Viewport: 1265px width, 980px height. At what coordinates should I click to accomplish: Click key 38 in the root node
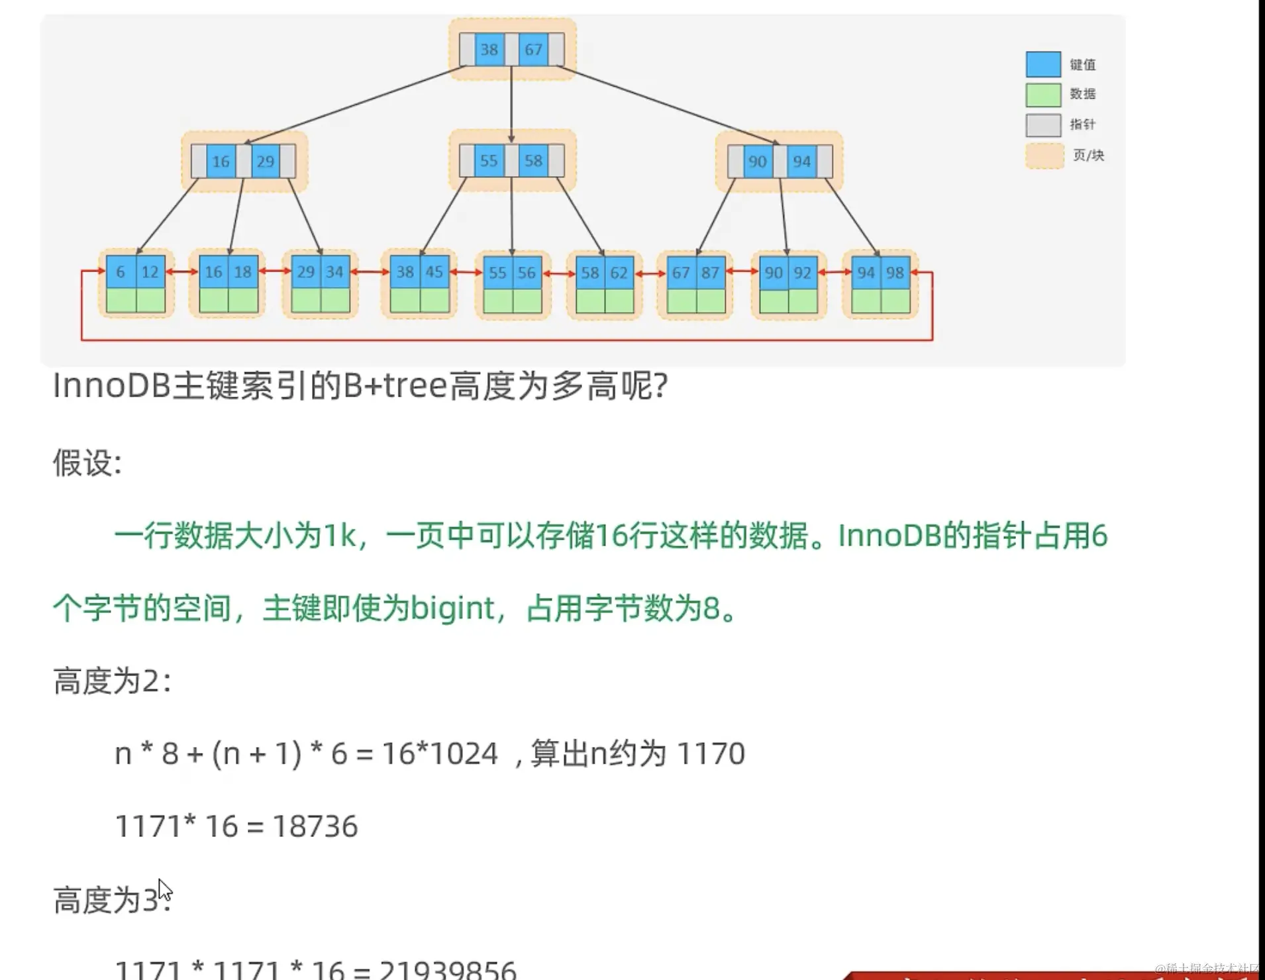[x=489, y=50]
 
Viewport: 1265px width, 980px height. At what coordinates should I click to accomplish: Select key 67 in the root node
[x=533, y=50]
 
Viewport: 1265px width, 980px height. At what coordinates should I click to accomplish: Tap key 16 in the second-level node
[x=221, y=162]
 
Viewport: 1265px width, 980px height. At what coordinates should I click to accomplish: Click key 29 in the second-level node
[x=265, y=162]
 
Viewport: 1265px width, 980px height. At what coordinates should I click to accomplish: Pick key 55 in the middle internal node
[x=489, y=161]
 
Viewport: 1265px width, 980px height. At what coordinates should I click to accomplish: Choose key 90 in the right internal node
[x=757, y=162]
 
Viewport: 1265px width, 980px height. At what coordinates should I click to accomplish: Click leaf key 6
[x=121, y=272]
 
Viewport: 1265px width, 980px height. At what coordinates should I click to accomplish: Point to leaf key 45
[x=434, y=272]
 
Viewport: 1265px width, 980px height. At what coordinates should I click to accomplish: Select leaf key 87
[x=710, y=273]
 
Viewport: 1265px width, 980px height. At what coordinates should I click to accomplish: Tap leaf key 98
[x=895, y=273]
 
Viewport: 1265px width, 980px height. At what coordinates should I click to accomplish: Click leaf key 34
[x=334, y=272]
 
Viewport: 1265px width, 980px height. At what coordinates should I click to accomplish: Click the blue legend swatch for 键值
[x=1043, y=64]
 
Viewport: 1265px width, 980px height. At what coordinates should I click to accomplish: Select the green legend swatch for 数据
[x=1043, y=95]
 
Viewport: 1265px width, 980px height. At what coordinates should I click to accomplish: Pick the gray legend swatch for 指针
[x=1043, y=125]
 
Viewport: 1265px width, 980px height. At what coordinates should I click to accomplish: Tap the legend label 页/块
[x=1088, y=156]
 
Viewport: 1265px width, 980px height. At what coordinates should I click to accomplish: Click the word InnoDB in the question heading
[x=111, y=385]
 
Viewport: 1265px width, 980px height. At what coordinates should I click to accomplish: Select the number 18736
[x=315, y=826]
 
